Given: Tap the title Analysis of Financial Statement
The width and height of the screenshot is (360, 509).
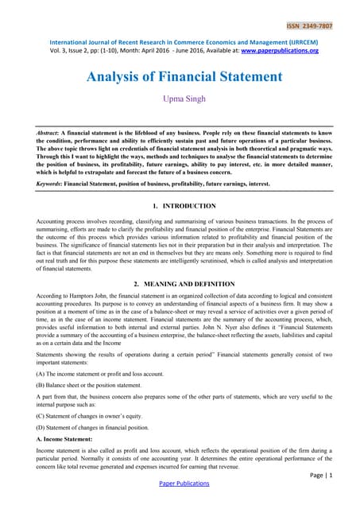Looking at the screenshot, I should coord(180,77).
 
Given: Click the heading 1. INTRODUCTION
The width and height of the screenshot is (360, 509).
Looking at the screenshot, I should coord(180,206).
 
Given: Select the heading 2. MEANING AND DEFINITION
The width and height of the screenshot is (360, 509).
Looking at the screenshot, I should coord(180,283).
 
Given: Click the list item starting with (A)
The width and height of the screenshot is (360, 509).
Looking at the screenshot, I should coord(99,373).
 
